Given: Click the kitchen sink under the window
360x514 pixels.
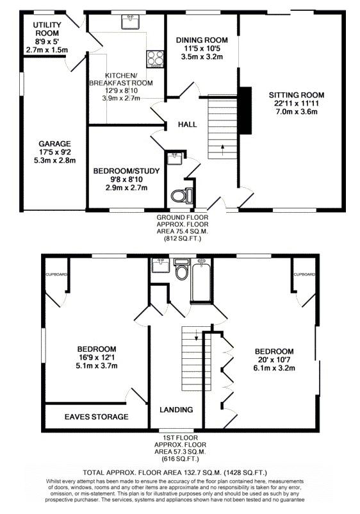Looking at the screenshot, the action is (131, 22).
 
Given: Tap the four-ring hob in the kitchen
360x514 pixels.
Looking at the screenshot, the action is (154, 59).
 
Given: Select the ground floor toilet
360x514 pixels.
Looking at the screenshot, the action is (181, 195).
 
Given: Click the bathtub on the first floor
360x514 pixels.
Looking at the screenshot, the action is (200, 279).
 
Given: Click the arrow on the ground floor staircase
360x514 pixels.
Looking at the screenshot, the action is (223, 149).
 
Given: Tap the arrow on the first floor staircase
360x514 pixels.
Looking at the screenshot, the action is (196, 335).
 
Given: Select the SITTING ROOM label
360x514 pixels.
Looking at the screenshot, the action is (297, 95).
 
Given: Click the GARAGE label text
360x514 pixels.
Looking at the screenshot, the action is (54, 144).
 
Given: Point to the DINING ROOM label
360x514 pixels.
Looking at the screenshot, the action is (202, 40).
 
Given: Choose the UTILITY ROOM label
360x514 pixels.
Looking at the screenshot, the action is (47, 29).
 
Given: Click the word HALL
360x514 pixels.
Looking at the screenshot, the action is (188, 124).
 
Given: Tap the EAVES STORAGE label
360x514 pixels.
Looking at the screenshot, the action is (96, 417).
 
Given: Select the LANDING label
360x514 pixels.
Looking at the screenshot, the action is (176, 410).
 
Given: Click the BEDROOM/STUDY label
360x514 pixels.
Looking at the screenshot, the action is (126, 170).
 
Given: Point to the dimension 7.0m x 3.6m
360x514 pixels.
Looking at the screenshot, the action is (297, 112).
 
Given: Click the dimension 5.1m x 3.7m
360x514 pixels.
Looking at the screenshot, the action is (97, 365).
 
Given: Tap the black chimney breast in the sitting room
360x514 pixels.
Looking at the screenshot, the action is (245, 110).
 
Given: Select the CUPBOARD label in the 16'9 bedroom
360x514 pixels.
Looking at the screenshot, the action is (56, 274).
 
